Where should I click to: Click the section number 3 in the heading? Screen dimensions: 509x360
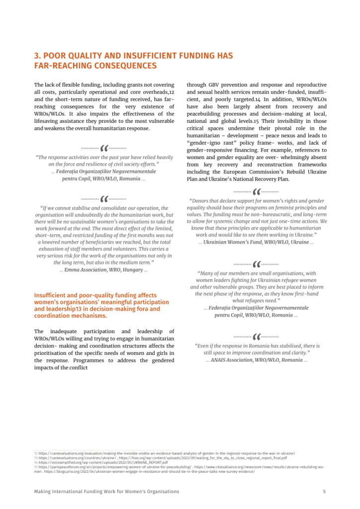tap(36, 56)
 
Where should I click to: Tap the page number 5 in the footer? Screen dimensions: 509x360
tap(324, 492)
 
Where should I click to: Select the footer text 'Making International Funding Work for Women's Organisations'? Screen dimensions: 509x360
tap(106, 492)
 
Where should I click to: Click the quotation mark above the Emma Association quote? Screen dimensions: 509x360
tap(104, 198)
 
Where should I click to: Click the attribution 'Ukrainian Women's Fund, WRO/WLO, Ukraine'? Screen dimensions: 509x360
tap(256, 242)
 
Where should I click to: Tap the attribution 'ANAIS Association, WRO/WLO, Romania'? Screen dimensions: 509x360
tap(256, 359)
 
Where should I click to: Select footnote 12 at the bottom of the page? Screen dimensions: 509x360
tap(164, 453)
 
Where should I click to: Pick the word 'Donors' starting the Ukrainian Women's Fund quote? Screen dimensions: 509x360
tap(202, 201)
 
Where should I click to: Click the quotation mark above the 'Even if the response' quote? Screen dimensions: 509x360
tap(257, 336)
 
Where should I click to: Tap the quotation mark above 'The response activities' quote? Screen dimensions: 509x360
tap(104, 148)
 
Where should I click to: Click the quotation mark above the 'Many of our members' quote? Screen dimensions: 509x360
tap(257, 264)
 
